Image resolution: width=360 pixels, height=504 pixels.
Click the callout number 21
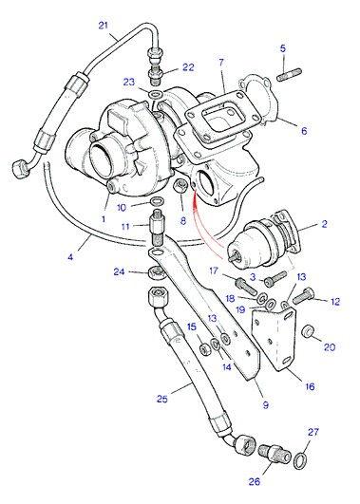click(x=103, y=25)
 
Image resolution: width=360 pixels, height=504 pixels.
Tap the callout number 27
click(x=313, y=432)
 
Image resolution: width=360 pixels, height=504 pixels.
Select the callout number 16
click(x=310, y=386)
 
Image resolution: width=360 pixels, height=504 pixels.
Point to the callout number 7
click(x=221, y=62)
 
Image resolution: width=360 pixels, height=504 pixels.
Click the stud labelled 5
click(x=289, y=75)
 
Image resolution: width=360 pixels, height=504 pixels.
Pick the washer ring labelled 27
click(x=300, y=460)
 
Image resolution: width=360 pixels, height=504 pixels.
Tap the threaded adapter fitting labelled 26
click(x=275, y=452)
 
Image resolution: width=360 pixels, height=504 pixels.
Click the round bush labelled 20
click(x=308, y=331)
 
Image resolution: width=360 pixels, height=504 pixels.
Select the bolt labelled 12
click(x=303, y=294)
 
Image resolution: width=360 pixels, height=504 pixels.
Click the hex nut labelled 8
click(x=179, y=186)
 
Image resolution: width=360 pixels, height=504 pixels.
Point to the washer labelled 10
click(x=157, y=202)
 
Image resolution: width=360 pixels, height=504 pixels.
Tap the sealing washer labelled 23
click(x=157, y=95)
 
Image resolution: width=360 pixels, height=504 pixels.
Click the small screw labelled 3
click(x=275, y=279)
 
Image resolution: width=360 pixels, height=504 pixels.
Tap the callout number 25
click(x=162, y=399)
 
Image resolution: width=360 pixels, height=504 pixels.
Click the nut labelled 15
click(x=204, y=349)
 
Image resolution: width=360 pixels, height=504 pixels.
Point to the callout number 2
click(x=324, y=224)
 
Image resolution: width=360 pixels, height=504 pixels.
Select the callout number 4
click(x=70, y=257)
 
